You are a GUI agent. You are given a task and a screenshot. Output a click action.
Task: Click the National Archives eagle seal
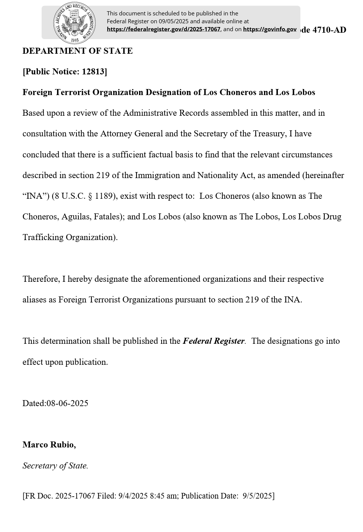coord(74,23)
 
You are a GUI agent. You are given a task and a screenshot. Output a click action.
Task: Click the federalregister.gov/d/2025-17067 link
coord(163,29)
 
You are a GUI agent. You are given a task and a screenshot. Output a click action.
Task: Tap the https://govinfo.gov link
coord(270,29)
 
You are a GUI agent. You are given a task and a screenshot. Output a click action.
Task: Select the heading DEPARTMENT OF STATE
coord(78,51)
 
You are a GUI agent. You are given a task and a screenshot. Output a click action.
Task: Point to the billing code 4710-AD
coord(329,30)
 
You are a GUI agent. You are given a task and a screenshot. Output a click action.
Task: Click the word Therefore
coord(41,279)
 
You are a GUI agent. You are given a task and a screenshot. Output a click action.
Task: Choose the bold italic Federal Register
coord(213,341)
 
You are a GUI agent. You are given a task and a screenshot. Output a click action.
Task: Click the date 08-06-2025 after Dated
coord(67,404)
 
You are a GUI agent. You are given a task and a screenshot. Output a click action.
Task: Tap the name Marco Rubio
coord(49,445)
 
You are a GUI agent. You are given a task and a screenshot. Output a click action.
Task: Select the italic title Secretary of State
coord(55,466)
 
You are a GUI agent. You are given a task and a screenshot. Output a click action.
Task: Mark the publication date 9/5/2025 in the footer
coord(257,496)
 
